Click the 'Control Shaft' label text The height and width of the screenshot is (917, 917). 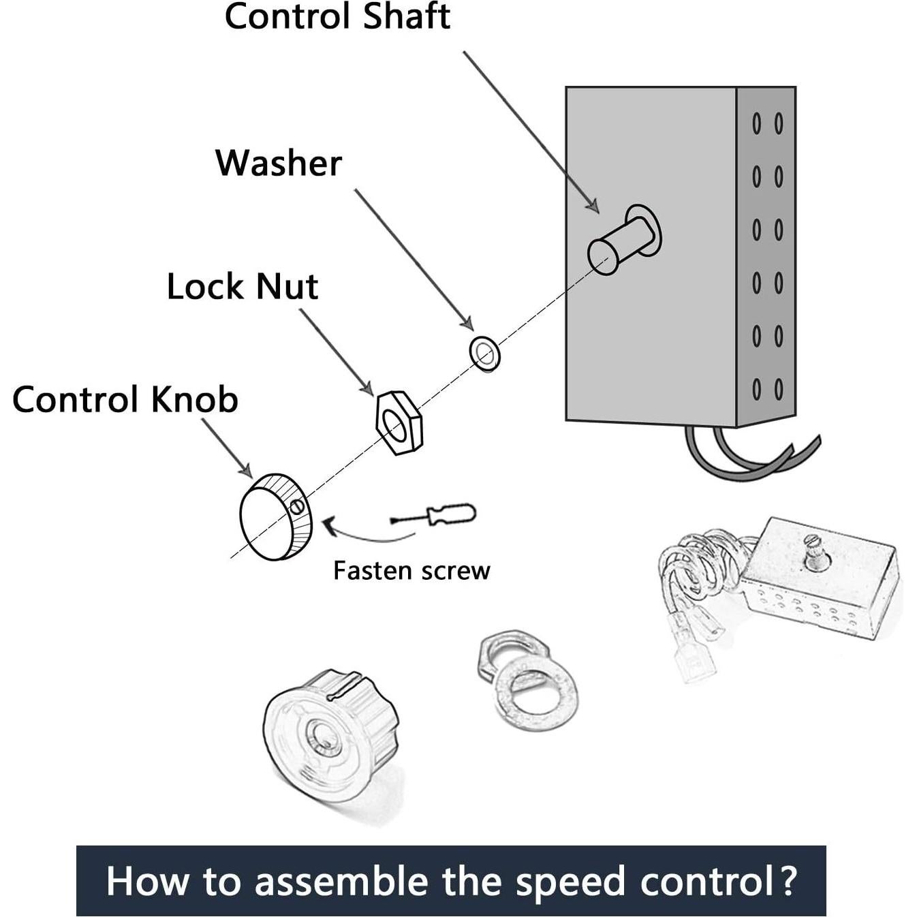tap(337, 16)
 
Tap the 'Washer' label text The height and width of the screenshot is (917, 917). tap(278, 164)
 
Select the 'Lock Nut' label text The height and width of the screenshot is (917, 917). tap(242, 287)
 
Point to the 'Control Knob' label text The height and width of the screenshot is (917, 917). tap(125, 400)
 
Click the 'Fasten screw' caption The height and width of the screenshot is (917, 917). tap(411, 571)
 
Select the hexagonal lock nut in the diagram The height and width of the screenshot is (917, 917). tap(399, 423)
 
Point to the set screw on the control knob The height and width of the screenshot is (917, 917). tap(296, 506)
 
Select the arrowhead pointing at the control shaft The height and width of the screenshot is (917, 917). tap(593, 206)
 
